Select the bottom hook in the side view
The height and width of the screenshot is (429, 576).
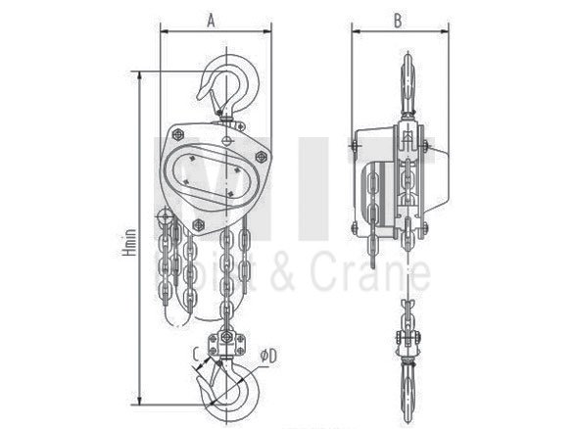406,382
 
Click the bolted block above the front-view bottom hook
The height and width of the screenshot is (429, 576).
231,345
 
